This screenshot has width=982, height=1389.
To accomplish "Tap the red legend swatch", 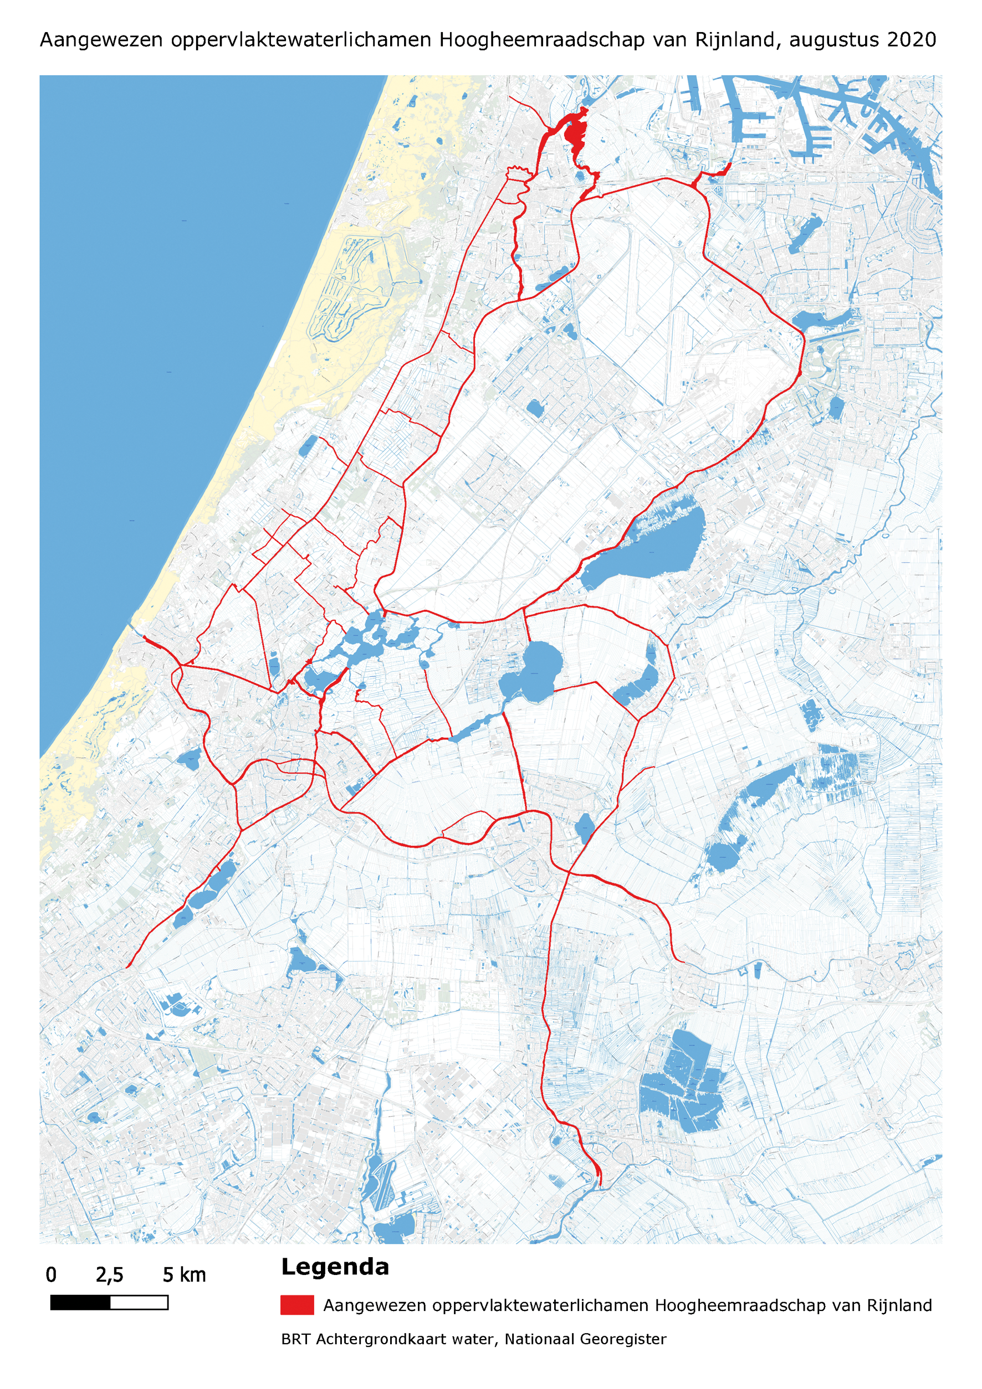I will (296, 1305).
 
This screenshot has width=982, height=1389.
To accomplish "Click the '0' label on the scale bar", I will (52, 1275).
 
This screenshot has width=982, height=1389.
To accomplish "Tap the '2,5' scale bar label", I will (110, 1275).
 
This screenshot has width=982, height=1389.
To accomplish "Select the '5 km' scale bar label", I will (184, 1275).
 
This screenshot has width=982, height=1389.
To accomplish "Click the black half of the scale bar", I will (80, 1303).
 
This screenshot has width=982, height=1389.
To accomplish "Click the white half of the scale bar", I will (139, 1303).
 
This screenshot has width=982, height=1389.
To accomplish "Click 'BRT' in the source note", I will (295, 1339).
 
